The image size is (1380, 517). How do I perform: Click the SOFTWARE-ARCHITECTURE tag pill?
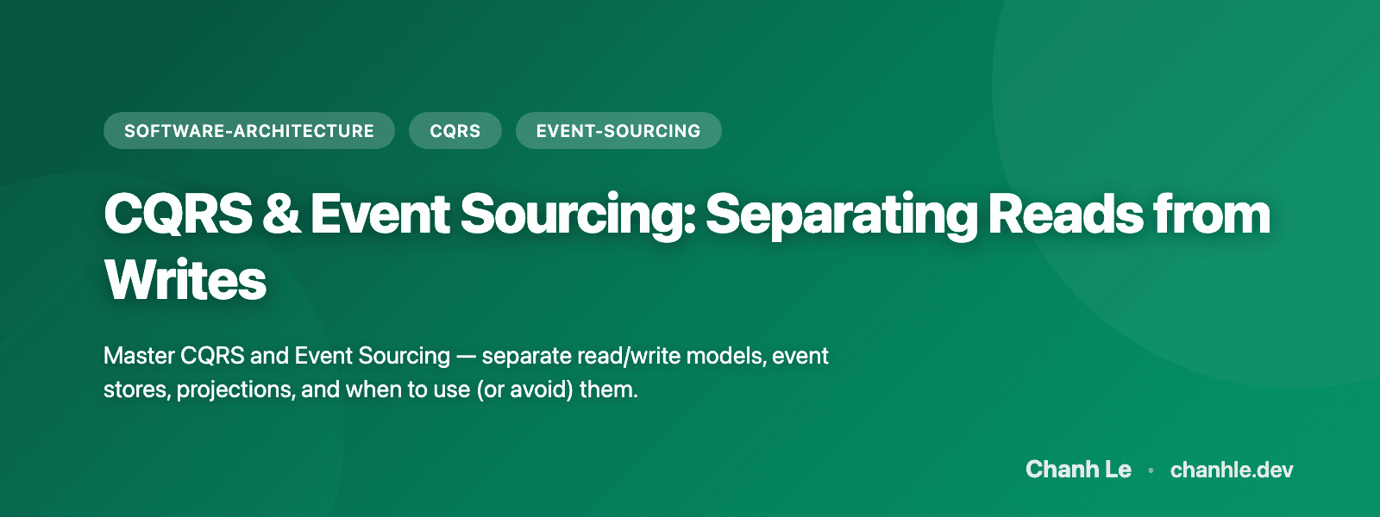[x=248, y=131]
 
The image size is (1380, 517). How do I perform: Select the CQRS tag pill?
[x=455, y=131]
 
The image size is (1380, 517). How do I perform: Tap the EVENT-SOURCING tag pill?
[x=618, y=131]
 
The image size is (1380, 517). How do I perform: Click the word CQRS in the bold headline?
[x=178, y=214]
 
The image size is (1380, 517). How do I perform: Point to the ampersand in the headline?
[x=281, y=214]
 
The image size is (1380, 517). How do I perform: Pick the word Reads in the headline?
[x=1065, y=214]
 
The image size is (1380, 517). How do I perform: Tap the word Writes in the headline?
[x=185, y=280]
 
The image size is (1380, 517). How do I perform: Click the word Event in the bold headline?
[x=379, y=214]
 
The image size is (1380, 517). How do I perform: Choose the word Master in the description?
[x=139, y=356]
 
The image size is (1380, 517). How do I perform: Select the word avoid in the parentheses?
[x=542, y=389]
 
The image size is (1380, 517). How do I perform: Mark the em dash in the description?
[x=466, y=356]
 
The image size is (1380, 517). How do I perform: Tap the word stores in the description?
[x=136, y=389]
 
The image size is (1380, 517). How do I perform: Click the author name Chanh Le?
[x=1078, y=470]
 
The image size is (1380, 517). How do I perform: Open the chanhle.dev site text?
[x=1232, y=470]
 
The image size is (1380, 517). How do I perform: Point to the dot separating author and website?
[x=1151, y=470]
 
